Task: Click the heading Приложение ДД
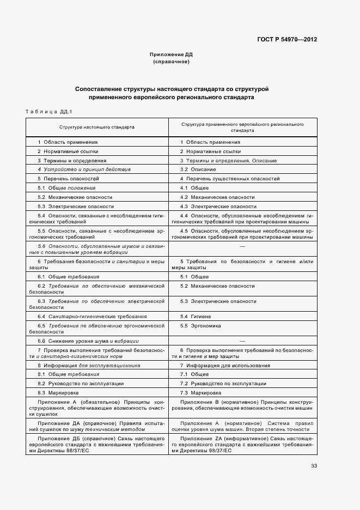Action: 171,54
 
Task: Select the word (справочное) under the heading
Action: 171,62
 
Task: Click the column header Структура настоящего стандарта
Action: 97,126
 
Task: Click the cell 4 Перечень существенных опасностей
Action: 230,179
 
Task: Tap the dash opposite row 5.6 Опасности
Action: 242,247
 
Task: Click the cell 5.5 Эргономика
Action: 200,326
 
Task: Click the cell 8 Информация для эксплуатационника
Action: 89,366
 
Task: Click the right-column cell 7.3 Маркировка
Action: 200,392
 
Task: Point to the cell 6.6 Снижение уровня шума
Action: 80,341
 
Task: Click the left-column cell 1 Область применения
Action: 68,142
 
